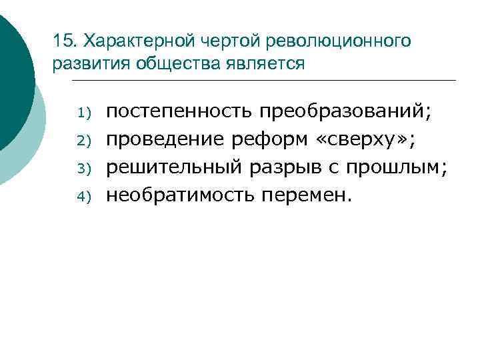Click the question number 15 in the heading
[63, 41]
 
